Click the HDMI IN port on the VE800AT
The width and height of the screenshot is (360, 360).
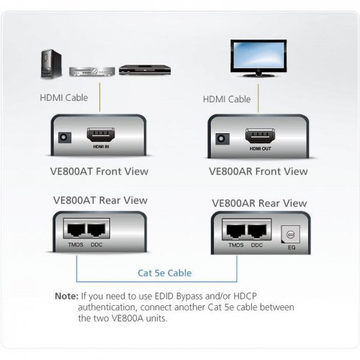click(x=101, y=135)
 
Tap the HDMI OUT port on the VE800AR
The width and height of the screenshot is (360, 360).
click(x=260, y=136)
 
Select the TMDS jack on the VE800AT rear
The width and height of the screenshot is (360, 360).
click(x=76, y=230)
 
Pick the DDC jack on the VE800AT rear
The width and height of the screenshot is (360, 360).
click(x=96, y=230)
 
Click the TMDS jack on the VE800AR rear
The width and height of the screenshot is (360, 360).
click(x=235, y=231)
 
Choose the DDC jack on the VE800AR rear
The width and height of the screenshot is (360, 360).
click(x=257, y=231)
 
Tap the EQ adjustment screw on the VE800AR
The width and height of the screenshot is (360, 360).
click(x=290, y=234)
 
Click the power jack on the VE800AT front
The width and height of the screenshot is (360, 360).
click(x=65, y=138)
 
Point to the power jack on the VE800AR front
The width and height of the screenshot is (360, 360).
click(x=222, y=139)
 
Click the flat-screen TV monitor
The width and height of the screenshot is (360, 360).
click(x=258, y=58)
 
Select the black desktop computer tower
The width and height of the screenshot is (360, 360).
click(x=51, y=64)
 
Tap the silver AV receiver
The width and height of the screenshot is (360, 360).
click(x=92, y=71)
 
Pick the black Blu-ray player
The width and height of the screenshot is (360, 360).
click(x=145, y=70)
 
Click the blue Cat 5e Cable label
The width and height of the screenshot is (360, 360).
click(x=165, y=273)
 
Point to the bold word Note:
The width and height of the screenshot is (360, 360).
click(x=66, y=296)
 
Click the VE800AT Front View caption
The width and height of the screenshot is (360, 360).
click(x=99, y=171)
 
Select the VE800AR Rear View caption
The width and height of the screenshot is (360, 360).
click(x=259, y=203)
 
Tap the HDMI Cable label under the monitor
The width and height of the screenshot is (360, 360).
click(x=227, y=99)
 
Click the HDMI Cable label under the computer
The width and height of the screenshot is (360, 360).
click(x=64, y=98)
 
